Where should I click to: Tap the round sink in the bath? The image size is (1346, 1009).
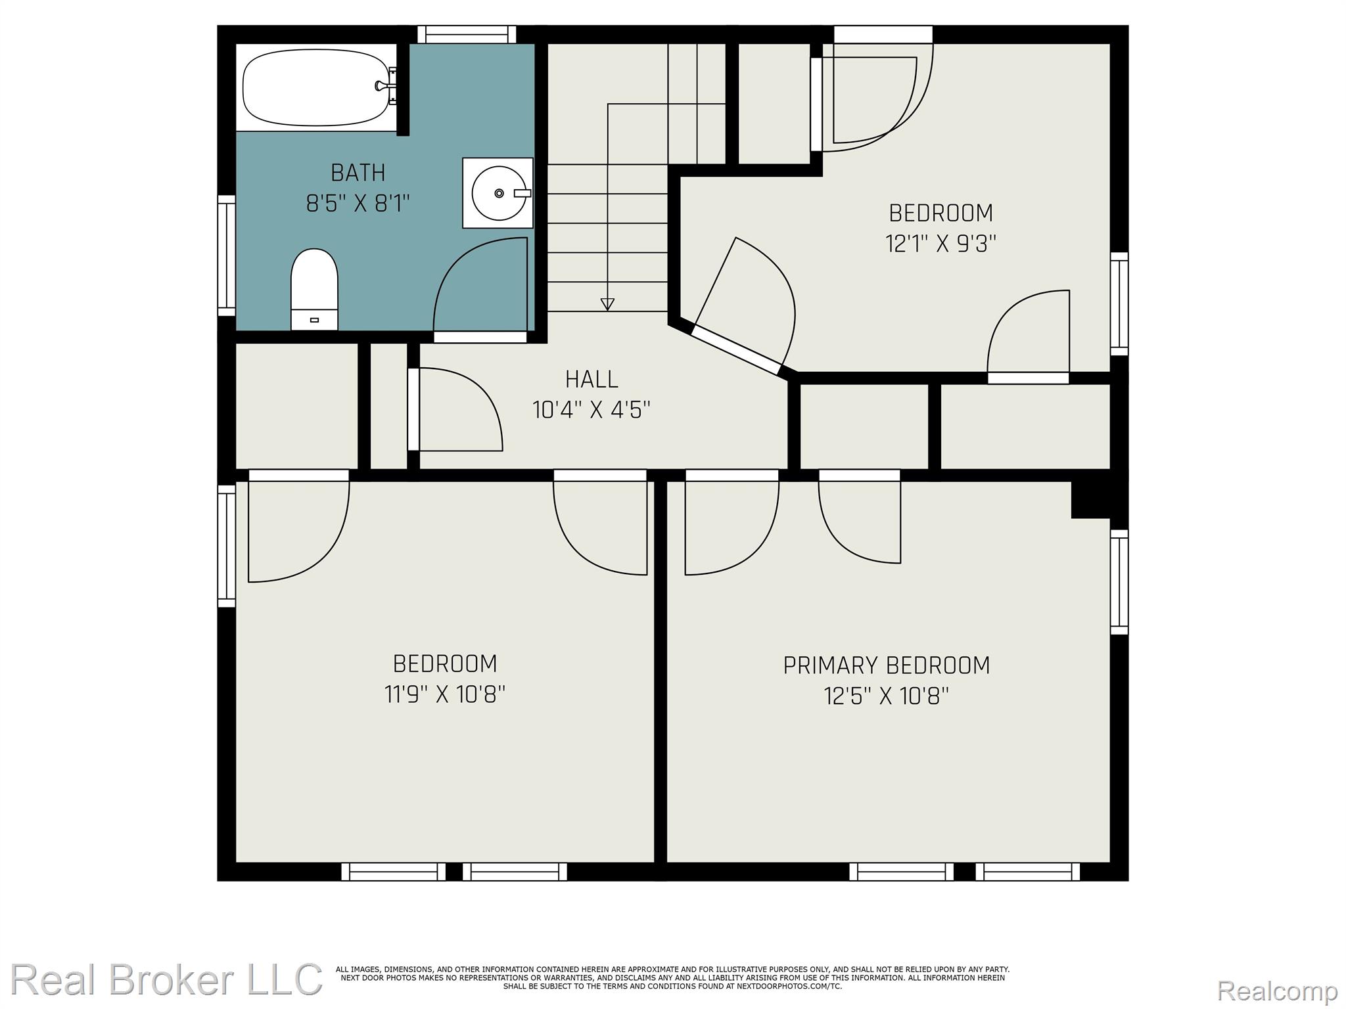[x=498, y=193]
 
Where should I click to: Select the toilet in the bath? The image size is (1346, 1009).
[x=314, y=289]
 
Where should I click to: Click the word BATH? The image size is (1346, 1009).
[x=358, y=173]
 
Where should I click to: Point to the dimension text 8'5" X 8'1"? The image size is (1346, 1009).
[x=358, y=204]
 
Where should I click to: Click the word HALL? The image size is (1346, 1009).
[x=592, y=379]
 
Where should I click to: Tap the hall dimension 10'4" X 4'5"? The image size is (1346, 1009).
[x=592, y=410]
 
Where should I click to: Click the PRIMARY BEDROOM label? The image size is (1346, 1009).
[x=887, y=665]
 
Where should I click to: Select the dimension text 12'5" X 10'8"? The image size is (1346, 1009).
[x=887, y=696]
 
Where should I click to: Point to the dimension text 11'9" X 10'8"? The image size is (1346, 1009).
[x=445, y=694]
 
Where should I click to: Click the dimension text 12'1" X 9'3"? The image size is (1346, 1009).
[x=941, y=244]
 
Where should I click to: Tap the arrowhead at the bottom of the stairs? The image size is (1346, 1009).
[x=608, y=304]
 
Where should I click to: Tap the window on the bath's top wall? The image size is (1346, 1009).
[x=467, y=34]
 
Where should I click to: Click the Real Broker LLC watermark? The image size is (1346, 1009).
[x=166, y=979]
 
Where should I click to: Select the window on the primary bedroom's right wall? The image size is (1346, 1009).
[x=1119, y=582]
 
